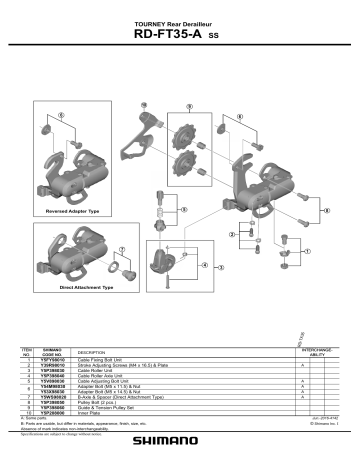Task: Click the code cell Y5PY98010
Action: (x=53, y=362)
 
